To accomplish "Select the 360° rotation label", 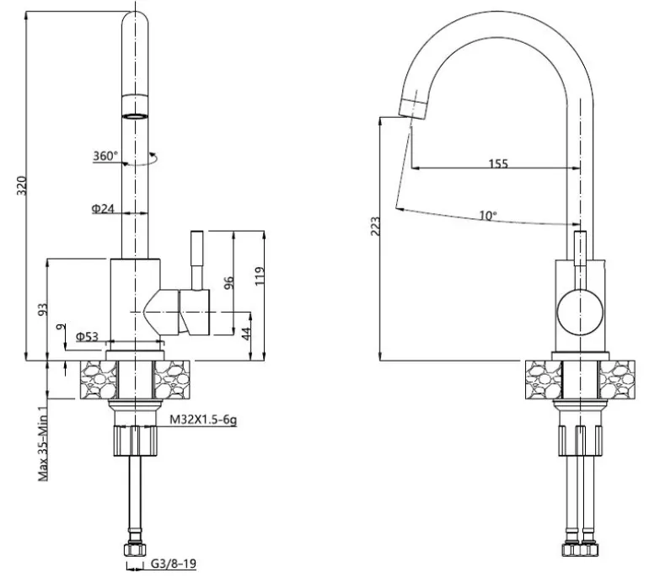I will point(106,156).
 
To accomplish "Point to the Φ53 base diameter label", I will point(88,337).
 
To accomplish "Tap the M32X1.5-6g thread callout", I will point(203,419).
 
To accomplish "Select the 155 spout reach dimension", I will point(498,163).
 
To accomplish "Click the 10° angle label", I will point(487,216).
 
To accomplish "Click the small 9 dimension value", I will point(58,328).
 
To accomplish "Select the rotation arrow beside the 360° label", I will point(153,156).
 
